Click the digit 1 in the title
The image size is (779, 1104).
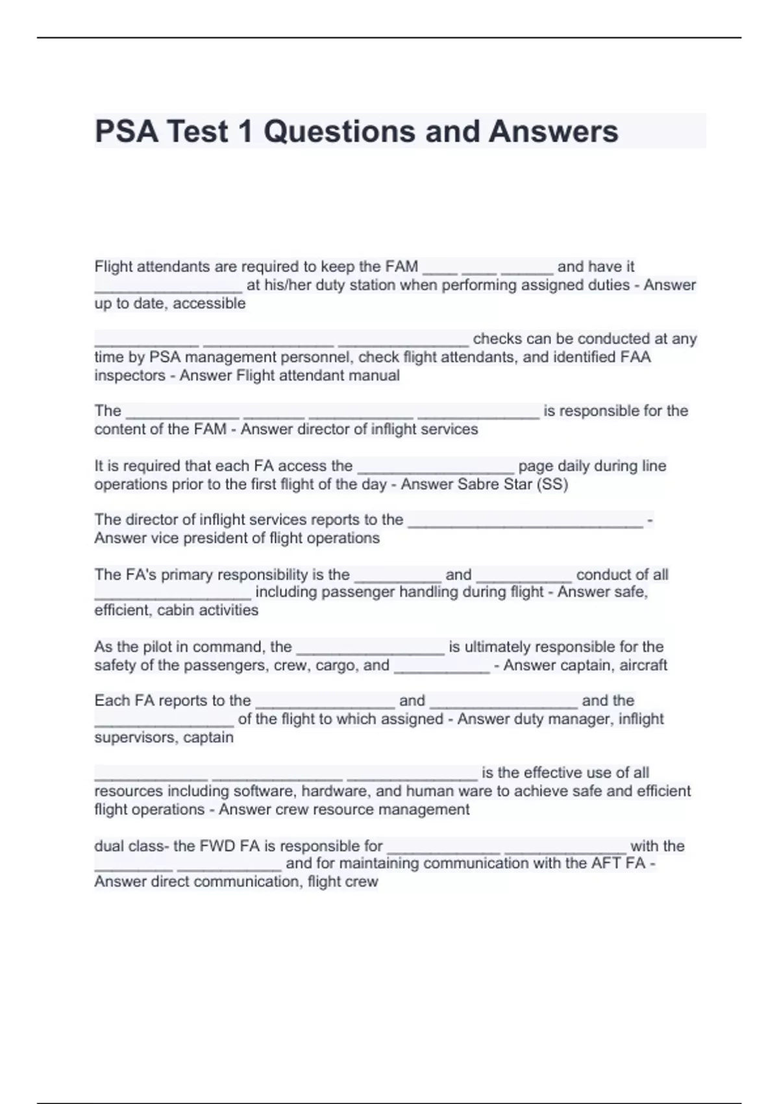(x=245, y=131)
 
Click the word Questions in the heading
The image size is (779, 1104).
(x=338, y=131)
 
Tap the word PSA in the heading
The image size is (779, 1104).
(x=127, y=131)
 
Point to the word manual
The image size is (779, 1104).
(x=377, y=375)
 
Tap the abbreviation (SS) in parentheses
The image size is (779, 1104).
(x=552, y=484)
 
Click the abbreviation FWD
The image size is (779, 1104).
(x=217, y=846)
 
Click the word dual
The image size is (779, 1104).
(x=109, y=846)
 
